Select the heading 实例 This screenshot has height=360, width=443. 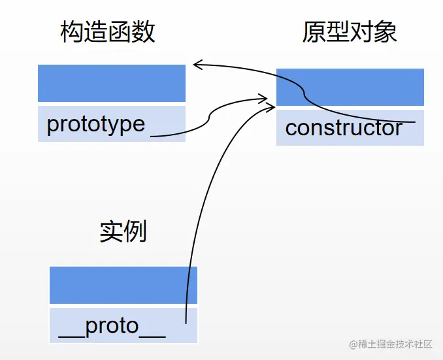coord(123,231)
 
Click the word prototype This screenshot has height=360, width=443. coord(96,123)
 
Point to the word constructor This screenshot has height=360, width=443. coord(344,127)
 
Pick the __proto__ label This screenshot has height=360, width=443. coord(112,325)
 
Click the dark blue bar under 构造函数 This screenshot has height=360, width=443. coord(112,83)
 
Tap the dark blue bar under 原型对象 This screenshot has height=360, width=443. coord(350,87)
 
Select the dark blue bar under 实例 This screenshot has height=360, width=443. coord(123,285)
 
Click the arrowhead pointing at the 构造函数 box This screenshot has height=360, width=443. coord(196,64)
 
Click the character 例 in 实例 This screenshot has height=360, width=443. coord(135,231)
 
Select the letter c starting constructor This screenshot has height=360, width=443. coord(291,128)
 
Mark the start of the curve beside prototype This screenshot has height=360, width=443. coord(152,136)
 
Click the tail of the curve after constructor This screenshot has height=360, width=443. coord(414,122)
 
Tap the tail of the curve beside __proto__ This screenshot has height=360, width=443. coord(187,322)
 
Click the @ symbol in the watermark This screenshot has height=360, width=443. coord(353,344)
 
